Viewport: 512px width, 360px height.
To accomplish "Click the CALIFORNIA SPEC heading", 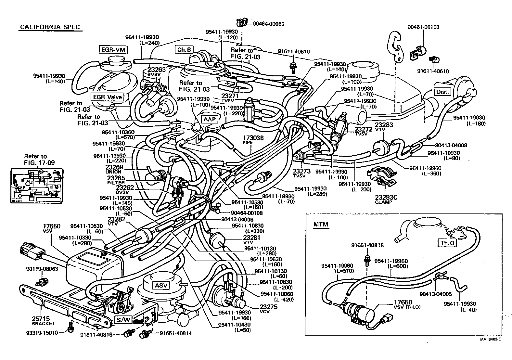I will [x=50, y=27].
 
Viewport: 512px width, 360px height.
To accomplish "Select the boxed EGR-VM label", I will [x=113, y=50].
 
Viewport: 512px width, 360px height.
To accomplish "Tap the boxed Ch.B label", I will [x=184, y=50].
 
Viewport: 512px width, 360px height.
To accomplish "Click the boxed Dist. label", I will [x=442, y=92].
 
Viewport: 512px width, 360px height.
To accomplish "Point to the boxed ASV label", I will [x=161, y=286].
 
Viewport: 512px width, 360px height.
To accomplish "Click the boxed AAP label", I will [x=210, y=119].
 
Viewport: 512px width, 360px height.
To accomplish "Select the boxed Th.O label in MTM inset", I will [x=447, y=243].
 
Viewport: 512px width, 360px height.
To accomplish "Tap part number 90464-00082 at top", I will [x=269, y=24].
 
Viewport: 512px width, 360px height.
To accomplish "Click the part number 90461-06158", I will [x=423, y=27].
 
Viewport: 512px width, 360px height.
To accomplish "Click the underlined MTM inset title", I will [x=321, y=225].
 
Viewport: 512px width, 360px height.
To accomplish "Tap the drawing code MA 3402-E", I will [x=491, y=340].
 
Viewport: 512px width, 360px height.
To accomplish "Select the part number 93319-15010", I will [x=42, y=333].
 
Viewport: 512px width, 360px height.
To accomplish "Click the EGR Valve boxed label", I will [x=108, y=97].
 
